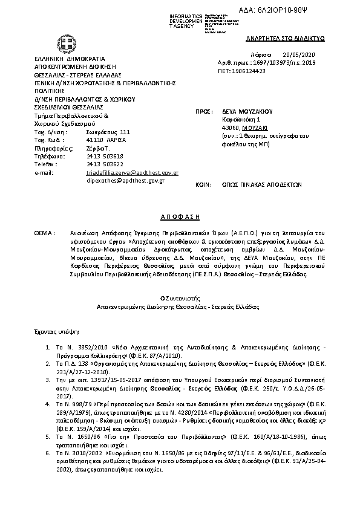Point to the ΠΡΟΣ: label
[203, 112]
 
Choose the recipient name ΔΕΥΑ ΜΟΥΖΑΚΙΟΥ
[248, 112]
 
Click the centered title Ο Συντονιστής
[179, 298]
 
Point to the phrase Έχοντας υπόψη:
[55, 331]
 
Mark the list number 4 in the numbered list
[49, 401]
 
